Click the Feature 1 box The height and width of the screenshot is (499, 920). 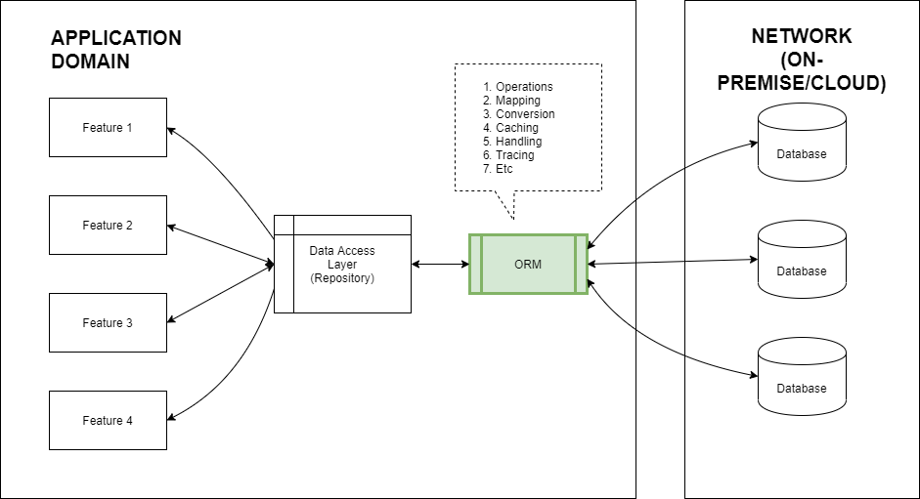coord(108,127)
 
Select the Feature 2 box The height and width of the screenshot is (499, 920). coord(108,225)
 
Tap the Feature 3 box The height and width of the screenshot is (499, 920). coord(108,322)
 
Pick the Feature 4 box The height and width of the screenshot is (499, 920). coord(108,420)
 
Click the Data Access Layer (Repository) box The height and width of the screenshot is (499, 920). coord(342,264)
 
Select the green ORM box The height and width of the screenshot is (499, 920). coord(528,264)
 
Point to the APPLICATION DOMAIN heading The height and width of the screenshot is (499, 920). coord(115,50)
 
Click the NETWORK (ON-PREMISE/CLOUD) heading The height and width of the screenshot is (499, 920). coord(802,60)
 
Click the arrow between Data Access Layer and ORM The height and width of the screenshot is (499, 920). coord(440,264)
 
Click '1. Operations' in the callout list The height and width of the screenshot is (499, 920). coord(518,87)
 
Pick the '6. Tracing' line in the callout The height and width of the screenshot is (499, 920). coord(508,155)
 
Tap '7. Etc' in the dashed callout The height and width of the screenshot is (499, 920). coord(498,169)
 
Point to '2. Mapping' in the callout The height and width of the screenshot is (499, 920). coord(511,101)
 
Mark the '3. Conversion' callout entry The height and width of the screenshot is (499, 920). coord(519,114)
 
